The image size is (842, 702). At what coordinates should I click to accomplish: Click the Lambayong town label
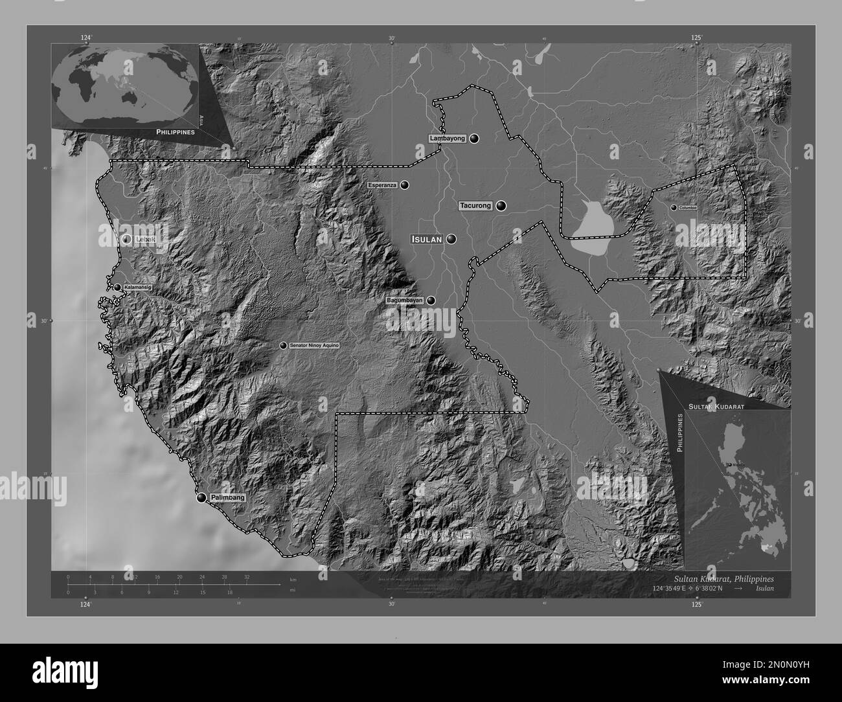click(x=447, y=139)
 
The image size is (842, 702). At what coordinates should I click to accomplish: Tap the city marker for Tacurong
click(x=501, y=206)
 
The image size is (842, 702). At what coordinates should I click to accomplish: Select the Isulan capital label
click(x=427, y=239)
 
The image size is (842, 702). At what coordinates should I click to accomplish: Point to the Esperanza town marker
click(x=405, y=185)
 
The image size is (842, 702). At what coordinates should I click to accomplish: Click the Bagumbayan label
click(x=405, y=300)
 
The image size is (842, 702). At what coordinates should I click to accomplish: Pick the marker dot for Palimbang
click(x=201, y=497)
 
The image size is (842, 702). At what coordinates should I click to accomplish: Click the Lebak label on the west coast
click(x=142, y=239)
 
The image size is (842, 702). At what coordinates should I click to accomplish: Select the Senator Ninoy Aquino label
click(x=314, y=346)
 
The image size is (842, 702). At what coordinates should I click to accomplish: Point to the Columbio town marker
click(x=674, y=207)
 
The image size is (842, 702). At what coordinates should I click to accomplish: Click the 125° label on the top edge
click(x=696, y=38)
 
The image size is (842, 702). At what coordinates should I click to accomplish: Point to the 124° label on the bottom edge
click(x=85, y=605)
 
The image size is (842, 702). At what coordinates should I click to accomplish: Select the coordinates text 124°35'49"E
click(x=679, y=588)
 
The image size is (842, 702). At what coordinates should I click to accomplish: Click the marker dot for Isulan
click(x=451, y=239)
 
